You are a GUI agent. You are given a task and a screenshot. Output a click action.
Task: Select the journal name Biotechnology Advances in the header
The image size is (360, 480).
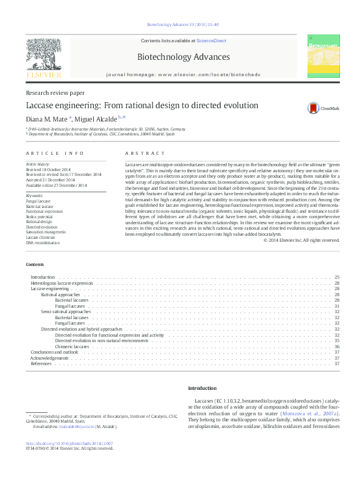(x=183, y=57)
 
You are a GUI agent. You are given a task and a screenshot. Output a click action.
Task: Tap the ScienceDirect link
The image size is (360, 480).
(x=211, y=41)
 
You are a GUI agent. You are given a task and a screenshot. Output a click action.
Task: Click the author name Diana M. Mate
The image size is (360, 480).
(x=47, y=118)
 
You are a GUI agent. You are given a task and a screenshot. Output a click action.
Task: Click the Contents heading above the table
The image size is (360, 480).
(x=34, y=265)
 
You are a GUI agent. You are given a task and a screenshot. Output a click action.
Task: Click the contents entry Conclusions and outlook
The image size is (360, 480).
(x=54, y=352)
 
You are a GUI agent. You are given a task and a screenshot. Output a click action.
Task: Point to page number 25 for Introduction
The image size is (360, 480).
(x=336, y=277)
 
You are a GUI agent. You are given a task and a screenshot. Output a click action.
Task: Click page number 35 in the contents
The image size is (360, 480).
(x=336, y=340)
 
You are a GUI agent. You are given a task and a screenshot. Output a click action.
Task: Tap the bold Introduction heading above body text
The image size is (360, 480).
(x=201, y=388)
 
